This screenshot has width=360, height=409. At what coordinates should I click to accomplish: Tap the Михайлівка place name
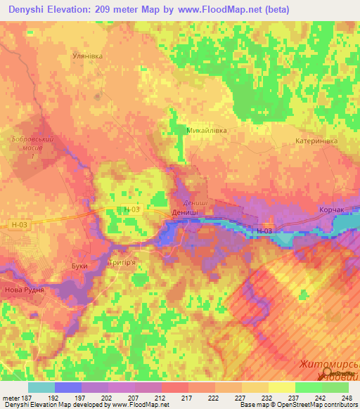(207, 130)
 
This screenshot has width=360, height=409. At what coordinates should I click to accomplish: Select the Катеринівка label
(317, 141)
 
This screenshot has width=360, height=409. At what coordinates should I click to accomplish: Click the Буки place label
(80, 266)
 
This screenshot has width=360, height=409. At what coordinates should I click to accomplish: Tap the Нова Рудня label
(25, 290)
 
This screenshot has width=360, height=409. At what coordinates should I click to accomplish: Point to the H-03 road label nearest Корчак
(264, 231)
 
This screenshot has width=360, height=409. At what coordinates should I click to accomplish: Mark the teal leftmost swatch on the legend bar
(41, 387)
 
